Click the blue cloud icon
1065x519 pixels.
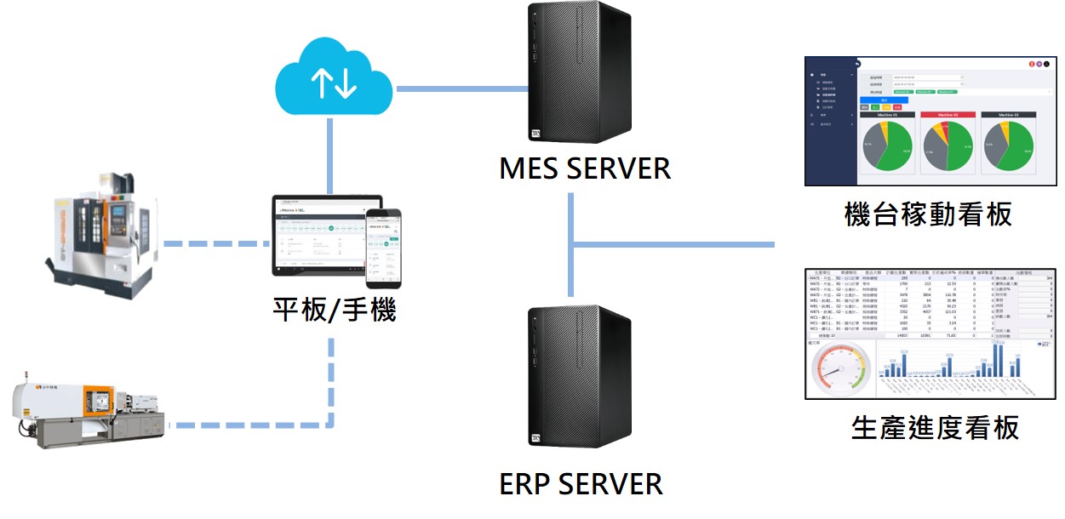pos(332,81)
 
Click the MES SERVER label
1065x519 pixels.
pos(585,168)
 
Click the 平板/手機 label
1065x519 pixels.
pos(335,308)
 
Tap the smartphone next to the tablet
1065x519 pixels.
pos(383,247)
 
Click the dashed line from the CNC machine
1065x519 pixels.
pos(213,244)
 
